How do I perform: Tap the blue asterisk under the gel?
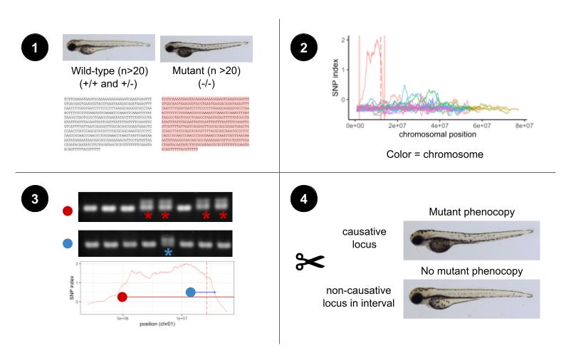[x=168, y=253]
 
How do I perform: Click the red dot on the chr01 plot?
[x=122, y=297]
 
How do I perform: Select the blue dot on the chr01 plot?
[x=190, y=292]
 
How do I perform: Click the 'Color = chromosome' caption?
[x=425, y=154]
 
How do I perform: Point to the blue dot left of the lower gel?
[x=68, y=243]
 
